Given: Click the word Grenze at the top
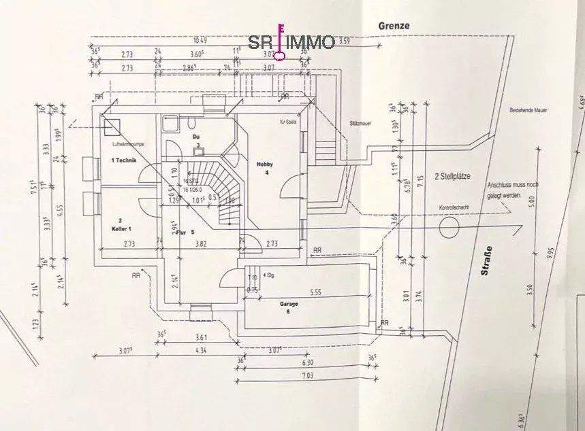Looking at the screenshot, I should pos(394,25).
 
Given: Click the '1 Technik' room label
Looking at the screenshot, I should pos(125,160).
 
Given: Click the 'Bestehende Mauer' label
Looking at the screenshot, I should pos(528,109).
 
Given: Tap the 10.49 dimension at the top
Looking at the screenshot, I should pos(200,41).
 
